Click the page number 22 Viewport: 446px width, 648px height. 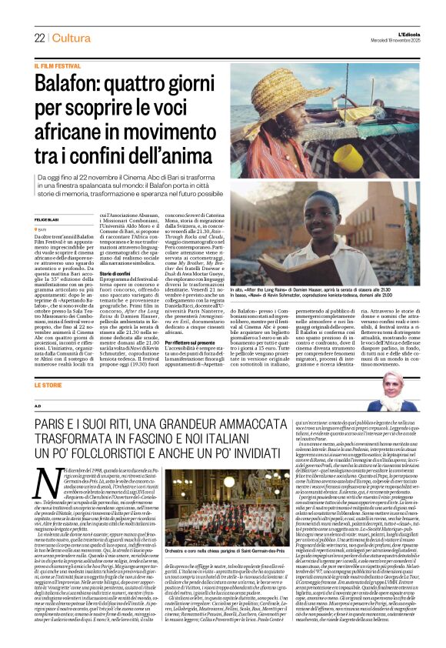tap(39, 38)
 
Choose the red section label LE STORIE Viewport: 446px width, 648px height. tap(48, 385)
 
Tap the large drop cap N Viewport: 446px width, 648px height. tap(48, 463)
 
